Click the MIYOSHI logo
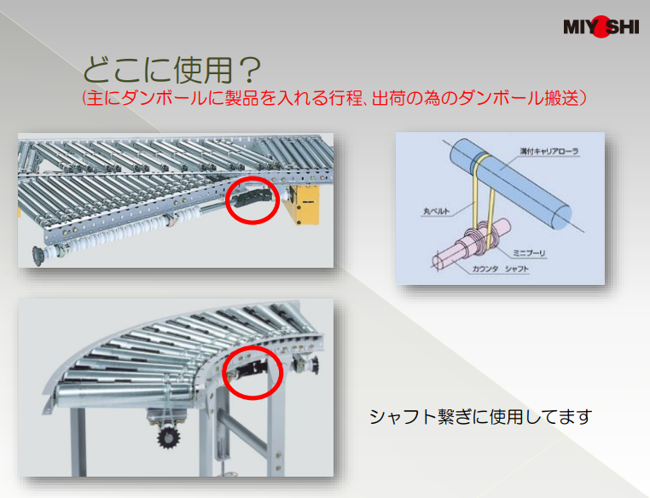click(x=601, y=27)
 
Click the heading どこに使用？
click(x=172, y=70)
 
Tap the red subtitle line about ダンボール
click(x=334, y=98)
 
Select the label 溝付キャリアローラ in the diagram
click(x=549, y=152)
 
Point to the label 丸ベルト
click(x=436, y=211)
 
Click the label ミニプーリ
click(x=529, y=252)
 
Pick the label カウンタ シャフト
click(x=501, y=269)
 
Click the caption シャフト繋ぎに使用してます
click(x=480, y=416)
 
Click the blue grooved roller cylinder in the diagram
click(x=510, y=182)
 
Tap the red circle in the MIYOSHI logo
click(x=601, y=27)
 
